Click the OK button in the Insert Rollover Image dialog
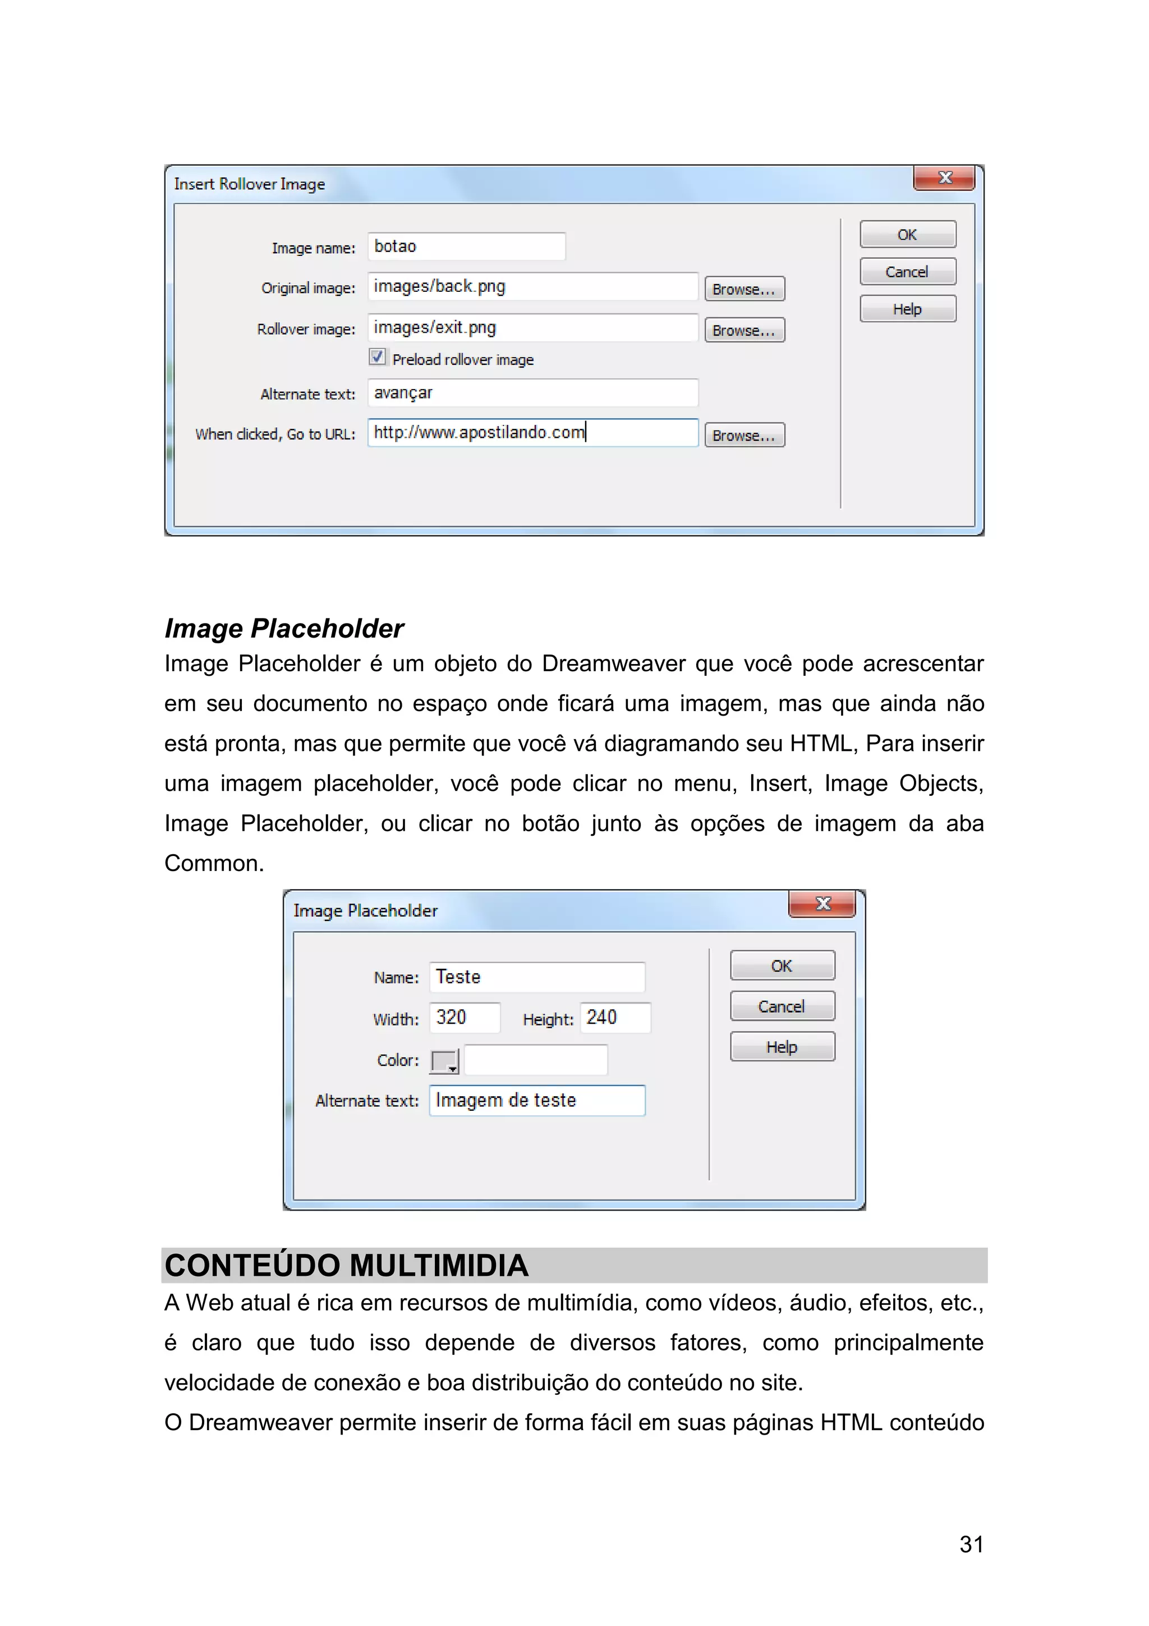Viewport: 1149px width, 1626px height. [908, 235]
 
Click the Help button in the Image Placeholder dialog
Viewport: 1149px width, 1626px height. [782, 1047]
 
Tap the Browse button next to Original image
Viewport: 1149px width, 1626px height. [744, 289]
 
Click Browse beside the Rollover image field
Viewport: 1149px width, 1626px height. [744, 330]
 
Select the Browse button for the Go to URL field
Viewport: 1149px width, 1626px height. [744, 435]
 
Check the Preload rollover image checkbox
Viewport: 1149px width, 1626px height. [378, 357]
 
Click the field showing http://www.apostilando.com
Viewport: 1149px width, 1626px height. [532, 433]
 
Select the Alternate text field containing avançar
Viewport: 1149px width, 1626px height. [532, 393]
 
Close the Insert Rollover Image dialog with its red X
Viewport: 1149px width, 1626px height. [944, 178]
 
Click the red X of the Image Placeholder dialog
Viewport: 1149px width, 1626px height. [822, 904]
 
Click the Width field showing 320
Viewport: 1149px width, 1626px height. [465, 1018]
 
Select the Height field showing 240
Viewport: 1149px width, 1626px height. [614, 1018]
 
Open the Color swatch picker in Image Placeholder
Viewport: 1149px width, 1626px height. [444, 1061]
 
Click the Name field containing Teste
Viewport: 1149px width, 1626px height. [536, 977]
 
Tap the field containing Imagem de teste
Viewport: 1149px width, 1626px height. [536, 1101]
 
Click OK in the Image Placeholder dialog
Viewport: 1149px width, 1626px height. [782, 966]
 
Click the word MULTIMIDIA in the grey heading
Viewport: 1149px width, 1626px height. [439, 1266]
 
